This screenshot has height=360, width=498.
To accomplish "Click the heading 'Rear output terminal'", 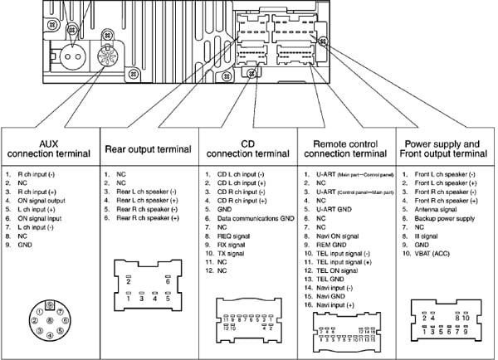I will point(149,149).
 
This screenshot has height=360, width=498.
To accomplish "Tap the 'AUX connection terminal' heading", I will point(49,149).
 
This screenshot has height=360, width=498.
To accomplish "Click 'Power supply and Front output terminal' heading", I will point(448,149).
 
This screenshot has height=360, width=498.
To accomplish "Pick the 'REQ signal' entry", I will point(234,236).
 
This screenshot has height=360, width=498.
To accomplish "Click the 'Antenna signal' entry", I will point(441,209).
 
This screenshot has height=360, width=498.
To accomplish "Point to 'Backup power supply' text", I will point(447,218).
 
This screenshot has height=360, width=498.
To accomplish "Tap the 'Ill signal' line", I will point(427,236).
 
